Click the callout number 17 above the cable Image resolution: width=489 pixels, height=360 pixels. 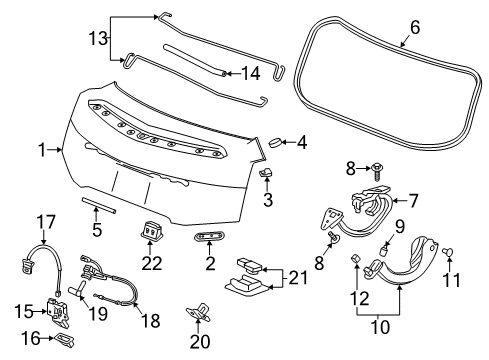pyautogui.click(x=43, y=221)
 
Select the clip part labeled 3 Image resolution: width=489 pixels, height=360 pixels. pyautogui.click(x=267, y=176)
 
